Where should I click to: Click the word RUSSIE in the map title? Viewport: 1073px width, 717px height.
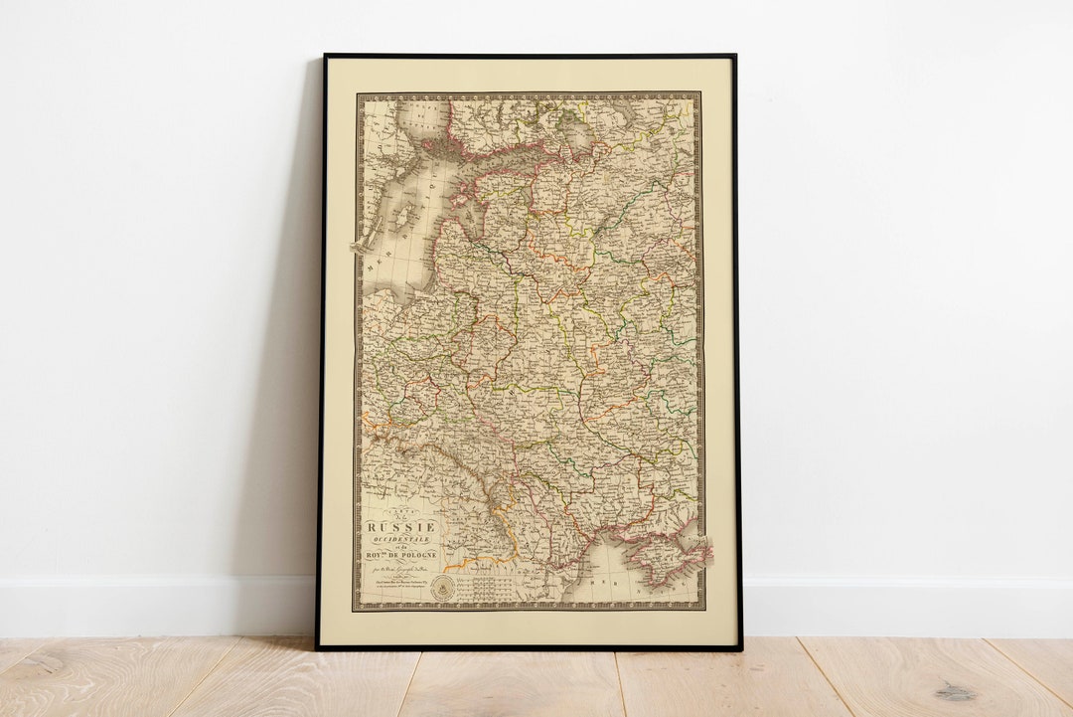(401, 527)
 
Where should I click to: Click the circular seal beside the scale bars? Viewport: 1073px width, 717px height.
(445, 586)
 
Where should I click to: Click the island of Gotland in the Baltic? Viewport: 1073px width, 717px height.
(406, 216)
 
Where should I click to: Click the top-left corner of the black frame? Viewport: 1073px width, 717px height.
(325, 57)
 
